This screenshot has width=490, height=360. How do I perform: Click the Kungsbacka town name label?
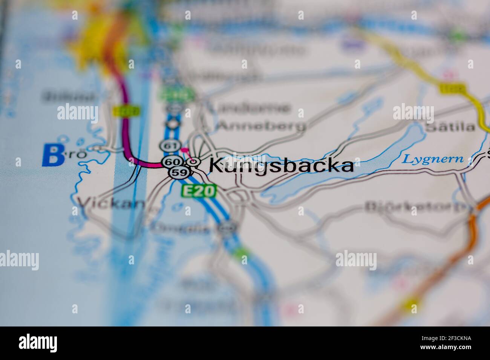tap(281, 165)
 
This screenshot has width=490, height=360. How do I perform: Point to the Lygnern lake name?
tap(432, 159)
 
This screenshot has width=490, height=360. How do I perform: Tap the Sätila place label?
tap(450, 127)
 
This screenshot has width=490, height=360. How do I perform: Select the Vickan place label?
tap(111, 204)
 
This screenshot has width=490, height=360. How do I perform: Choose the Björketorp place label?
tap(416, 207)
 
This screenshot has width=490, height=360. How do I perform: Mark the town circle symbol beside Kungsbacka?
tap(194, 162)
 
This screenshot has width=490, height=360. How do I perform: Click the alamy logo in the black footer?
tap(38, 343)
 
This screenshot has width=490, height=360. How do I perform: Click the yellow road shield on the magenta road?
tap(126, 111)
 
